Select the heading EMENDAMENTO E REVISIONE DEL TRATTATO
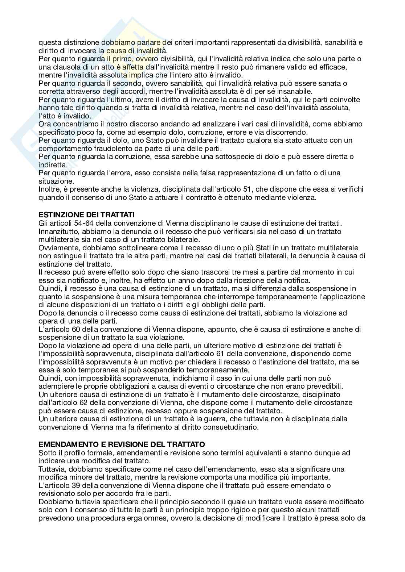pyautogui.click(x=122, y=444)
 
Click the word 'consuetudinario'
pyautogui.click(x=226, y=427)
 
